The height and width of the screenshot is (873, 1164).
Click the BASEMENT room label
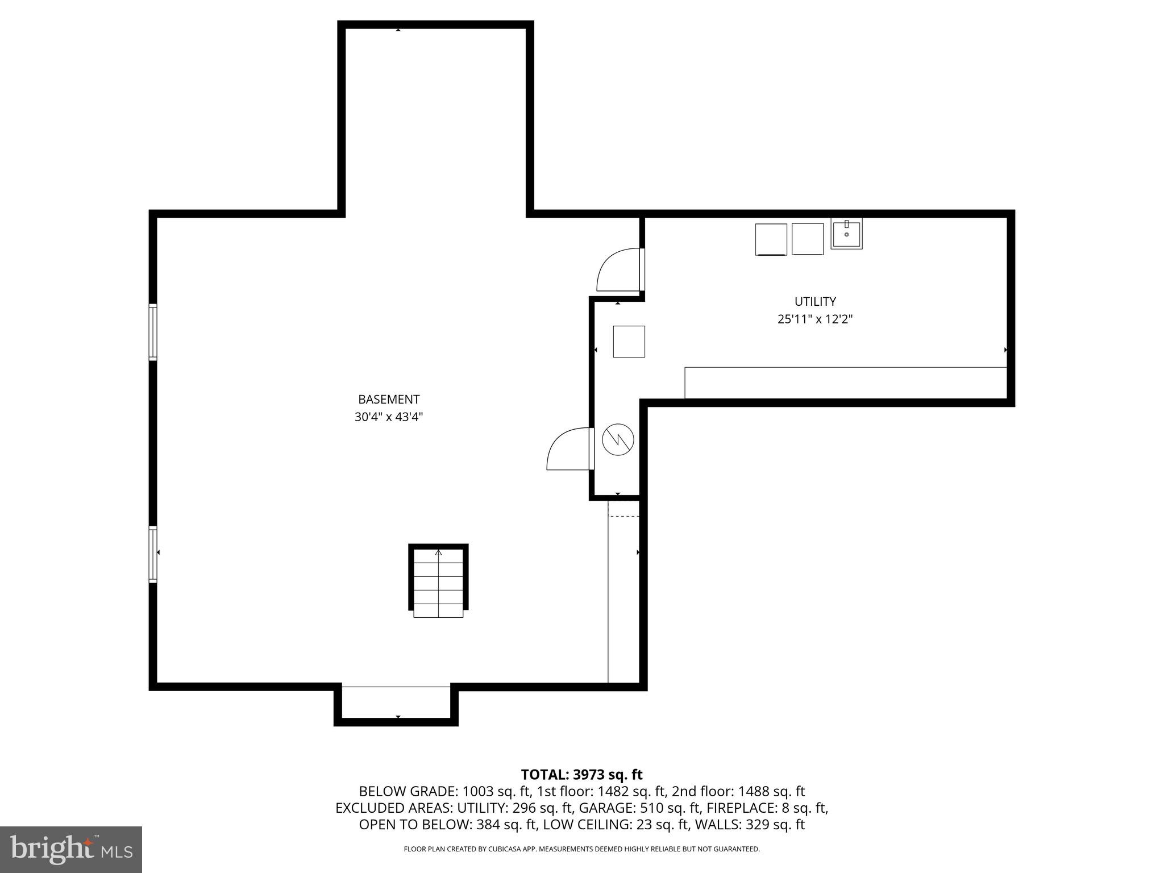coord(389,399)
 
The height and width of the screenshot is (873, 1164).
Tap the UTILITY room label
coord(815,301)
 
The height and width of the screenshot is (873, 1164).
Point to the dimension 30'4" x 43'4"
coord(389,417)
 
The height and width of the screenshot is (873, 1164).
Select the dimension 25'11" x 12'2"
coord(815,319)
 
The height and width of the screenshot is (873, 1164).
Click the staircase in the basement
coord(438,581)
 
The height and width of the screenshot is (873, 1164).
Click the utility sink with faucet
coord(846,234)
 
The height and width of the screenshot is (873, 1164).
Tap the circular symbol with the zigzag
coord(618,439)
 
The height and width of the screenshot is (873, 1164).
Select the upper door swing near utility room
coord(619,271)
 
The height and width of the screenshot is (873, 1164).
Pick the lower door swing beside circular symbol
coord(569,449)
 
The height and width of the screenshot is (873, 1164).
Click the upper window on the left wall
coord(153,332)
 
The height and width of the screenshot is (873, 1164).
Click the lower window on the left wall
coord(153,554)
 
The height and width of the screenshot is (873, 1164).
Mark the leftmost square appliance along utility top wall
coord(771,239)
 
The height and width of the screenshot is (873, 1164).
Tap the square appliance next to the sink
coord(807,239)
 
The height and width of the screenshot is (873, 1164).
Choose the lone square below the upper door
coord(629,342)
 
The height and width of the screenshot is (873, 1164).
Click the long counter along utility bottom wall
coord(845,383)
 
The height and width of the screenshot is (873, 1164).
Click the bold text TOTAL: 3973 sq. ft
coord(581,775)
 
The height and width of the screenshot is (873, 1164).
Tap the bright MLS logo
coord(71,849)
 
